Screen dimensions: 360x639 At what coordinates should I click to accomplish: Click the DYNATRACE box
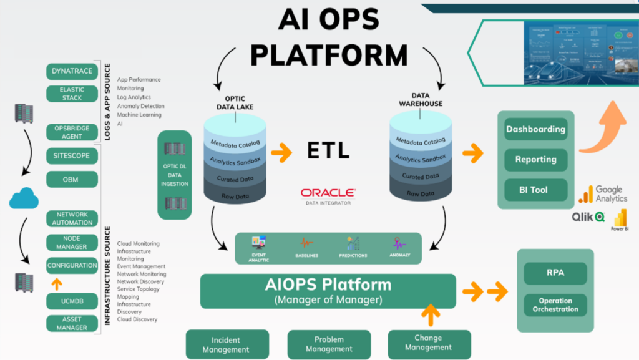click(72, 71)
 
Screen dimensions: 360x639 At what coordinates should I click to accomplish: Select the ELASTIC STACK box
click(72, 94)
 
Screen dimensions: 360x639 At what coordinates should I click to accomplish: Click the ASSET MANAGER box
click(72, 323)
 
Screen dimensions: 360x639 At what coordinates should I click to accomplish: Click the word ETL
click(328, 150)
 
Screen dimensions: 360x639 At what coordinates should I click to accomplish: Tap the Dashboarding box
click(535, 130)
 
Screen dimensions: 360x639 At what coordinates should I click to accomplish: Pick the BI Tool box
click(535, 190)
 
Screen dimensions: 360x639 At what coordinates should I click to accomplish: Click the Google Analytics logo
click(603, 194)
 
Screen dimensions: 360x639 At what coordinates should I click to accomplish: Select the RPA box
click(555, 273)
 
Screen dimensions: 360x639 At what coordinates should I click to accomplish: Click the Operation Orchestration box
click(555, 304)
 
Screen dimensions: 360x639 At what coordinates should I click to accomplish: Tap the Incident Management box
click(227, 344)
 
